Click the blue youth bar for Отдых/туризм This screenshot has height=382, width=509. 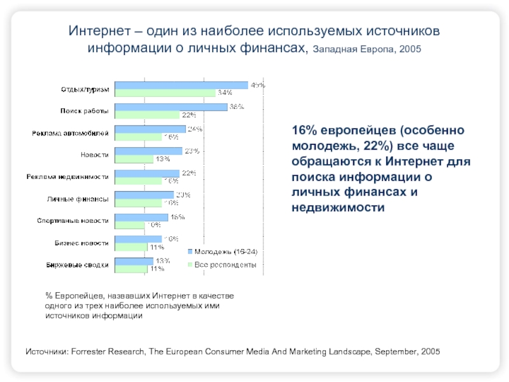[181, 85]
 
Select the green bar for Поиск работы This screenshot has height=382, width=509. [148, 115]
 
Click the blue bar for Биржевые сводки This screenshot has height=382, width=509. [134, 260]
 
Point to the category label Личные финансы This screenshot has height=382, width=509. [78, 199]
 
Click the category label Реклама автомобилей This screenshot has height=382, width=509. [71, 133]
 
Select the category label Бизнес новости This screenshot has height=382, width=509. [81, 243]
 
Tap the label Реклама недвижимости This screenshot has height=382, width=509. [67, 177]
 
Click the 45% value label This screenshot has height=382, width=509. [257, 85]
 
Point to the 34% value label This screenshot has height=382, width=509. [225, 93]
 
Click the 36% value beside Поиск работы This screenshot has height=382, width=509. [237, 107]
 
